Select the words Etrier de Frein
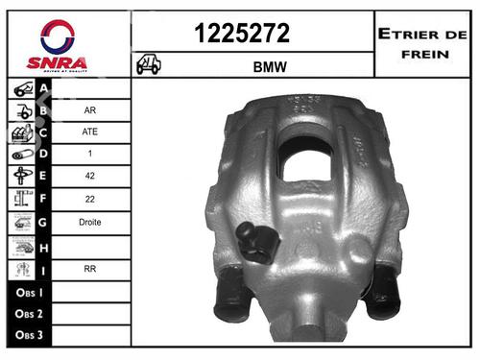point(422,42)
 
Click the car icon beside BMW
point(149,65)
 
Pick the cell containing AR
point(88,109)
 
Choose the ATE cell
point(88,132)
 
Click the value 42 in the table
point(88,177)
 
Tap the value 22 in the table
point(88,199)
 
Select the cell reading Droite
point(88,222)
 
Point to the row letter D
point(43,154)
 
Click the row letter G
point(43,222)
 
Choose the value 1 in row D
point(88,154)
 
